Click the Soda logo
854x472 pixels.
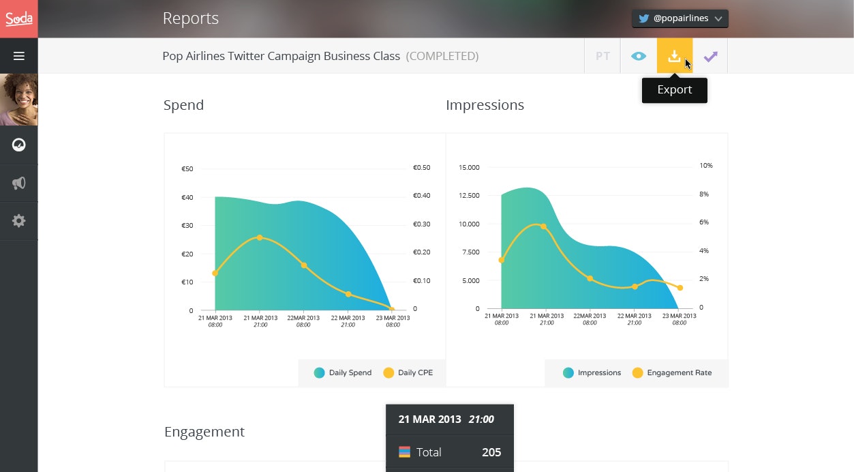(19, 18)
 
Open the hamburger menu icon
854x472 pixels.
(19, 56)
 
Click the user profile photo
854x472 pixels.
(19, 100)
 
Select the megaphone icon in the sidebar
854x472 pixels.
(19, 183)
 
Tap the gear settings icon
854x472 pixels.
(19, 221)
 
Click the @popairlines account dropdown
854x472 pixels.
(680, 18)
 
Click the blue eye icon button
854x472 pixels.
(639, 56)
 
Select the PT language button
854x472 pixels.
(603, 56)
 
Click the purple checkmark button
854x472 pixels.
(710, 56)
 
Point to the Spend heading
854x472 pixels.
(183, 105)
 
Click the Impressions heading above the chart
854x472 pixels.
(485, 105)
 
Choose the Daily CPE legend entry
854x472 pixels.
(409, 372)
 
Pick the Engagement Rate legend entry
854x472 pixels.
(672, 372)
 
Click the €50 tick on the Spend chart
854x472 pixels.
(187, 169)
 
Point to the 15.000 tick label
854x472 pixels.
(470, 167)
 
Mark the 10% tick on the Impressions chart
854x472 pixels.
(706, 166)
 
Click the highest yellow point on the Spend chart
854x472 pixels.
(260, 237)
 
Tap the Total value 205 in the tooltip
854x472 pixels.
(491, 452)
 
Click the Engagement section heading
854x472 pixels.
(204, 432)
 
